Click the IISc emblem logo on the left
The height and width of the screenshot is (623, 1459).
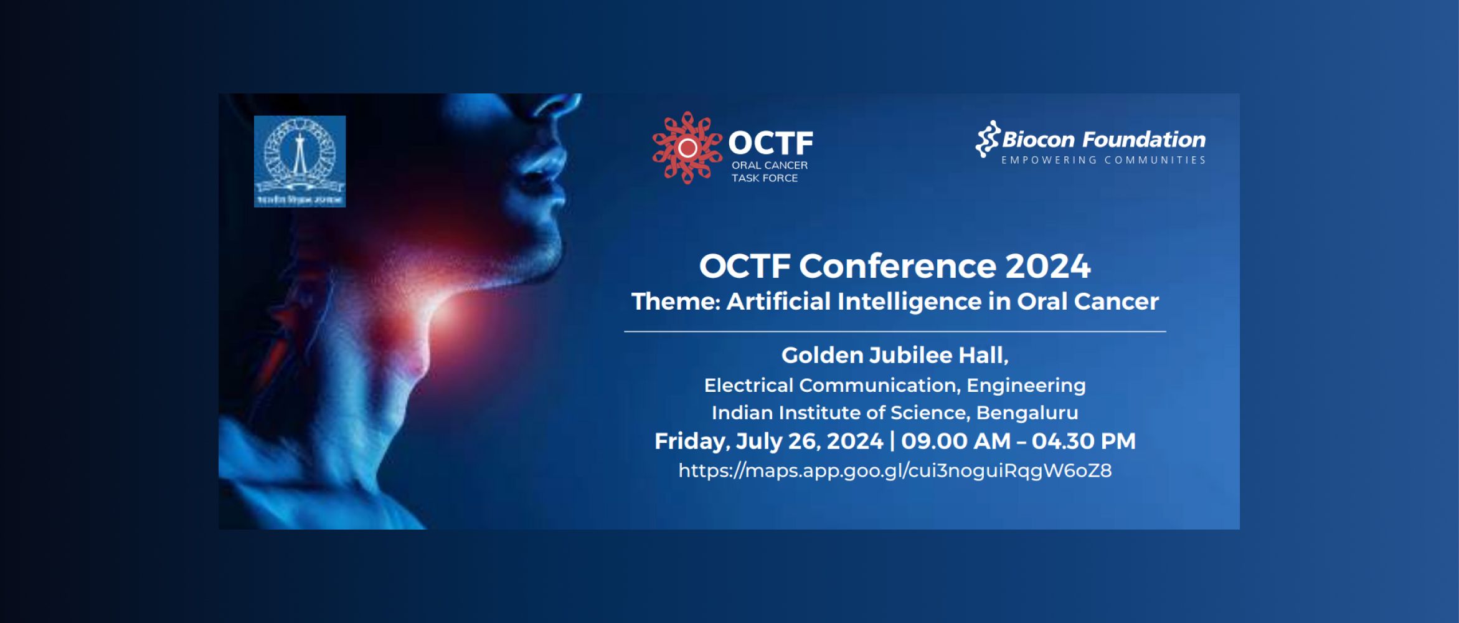pyautogui.click(x=300, y=161)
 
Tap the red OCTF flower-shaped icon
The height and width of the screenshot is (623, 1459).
pyautogui.click(x=687, y=148)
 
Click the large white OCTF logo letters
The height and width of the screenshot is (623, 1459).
pyautogui.click(x=771, y=143)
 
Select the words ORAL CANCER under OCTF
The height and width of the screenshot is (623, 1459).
pyautogui.click(x=769, y=165)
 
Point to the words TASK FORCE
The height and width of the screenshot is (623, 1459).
pyautogui.click(x=764, y=178)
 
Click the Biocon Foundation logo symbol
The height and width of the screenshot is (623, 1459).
pyautogui.click(x=987, y=139)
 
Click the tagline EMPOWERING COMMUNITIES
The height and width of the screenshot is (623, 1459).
pyautogui.click(x=1103, y=160)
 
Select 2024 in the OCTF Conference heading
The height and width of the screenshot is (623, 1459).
pyautogui.click(x=1047, y=266)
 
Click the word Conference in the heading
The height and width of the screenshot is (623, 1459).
pyautogui.click(x=897, y=266)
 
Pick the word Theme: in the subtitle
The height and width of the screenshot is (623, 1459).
pyautogui.click(x=676, y=302)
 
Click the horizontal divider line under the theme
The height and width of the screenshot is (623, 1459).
pyautogui.click(x=895, y=331)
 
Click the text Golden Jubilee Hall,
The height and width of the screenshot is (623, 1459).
pyautogui.click(x=895, y=355)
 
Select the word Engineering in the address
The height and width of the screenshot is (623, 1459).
pyautogui.click(x=1026, y=385)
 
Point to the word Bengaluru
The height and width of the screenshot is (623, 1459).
pyautogui.click(x=1027, y=412)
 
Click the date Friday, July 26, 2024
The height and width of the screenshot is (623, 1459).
pyautogui.click(x=768, y=441)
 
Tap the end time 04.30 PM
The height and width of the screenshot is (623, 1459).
pyautogui.click(x=1083, y=441)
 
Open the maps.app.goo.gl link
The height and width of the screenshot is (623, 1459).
pyautogui.click(x=895, y=470)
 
